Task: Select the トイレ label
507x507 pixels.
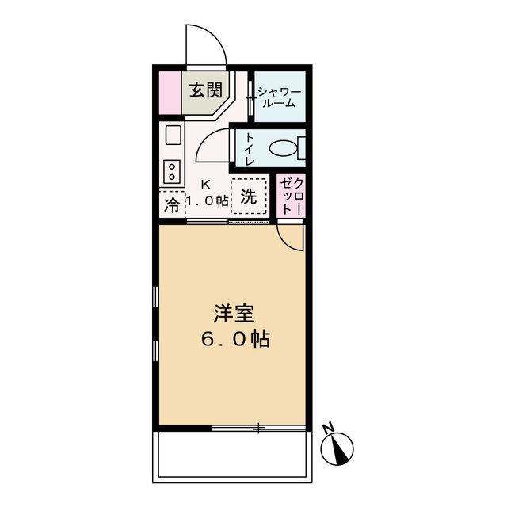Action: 249,148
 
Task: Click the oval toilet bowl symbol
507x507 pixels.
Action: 281,148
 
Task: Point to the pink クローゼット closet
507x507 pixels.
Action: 289,197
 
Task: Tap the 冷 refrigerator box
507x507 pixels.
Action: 171,205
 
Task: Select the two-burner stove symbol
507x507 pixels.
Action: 171,170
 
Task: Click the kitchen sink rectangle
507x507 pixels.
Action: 172,135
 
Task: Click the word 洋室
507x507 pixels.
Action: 233,312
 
